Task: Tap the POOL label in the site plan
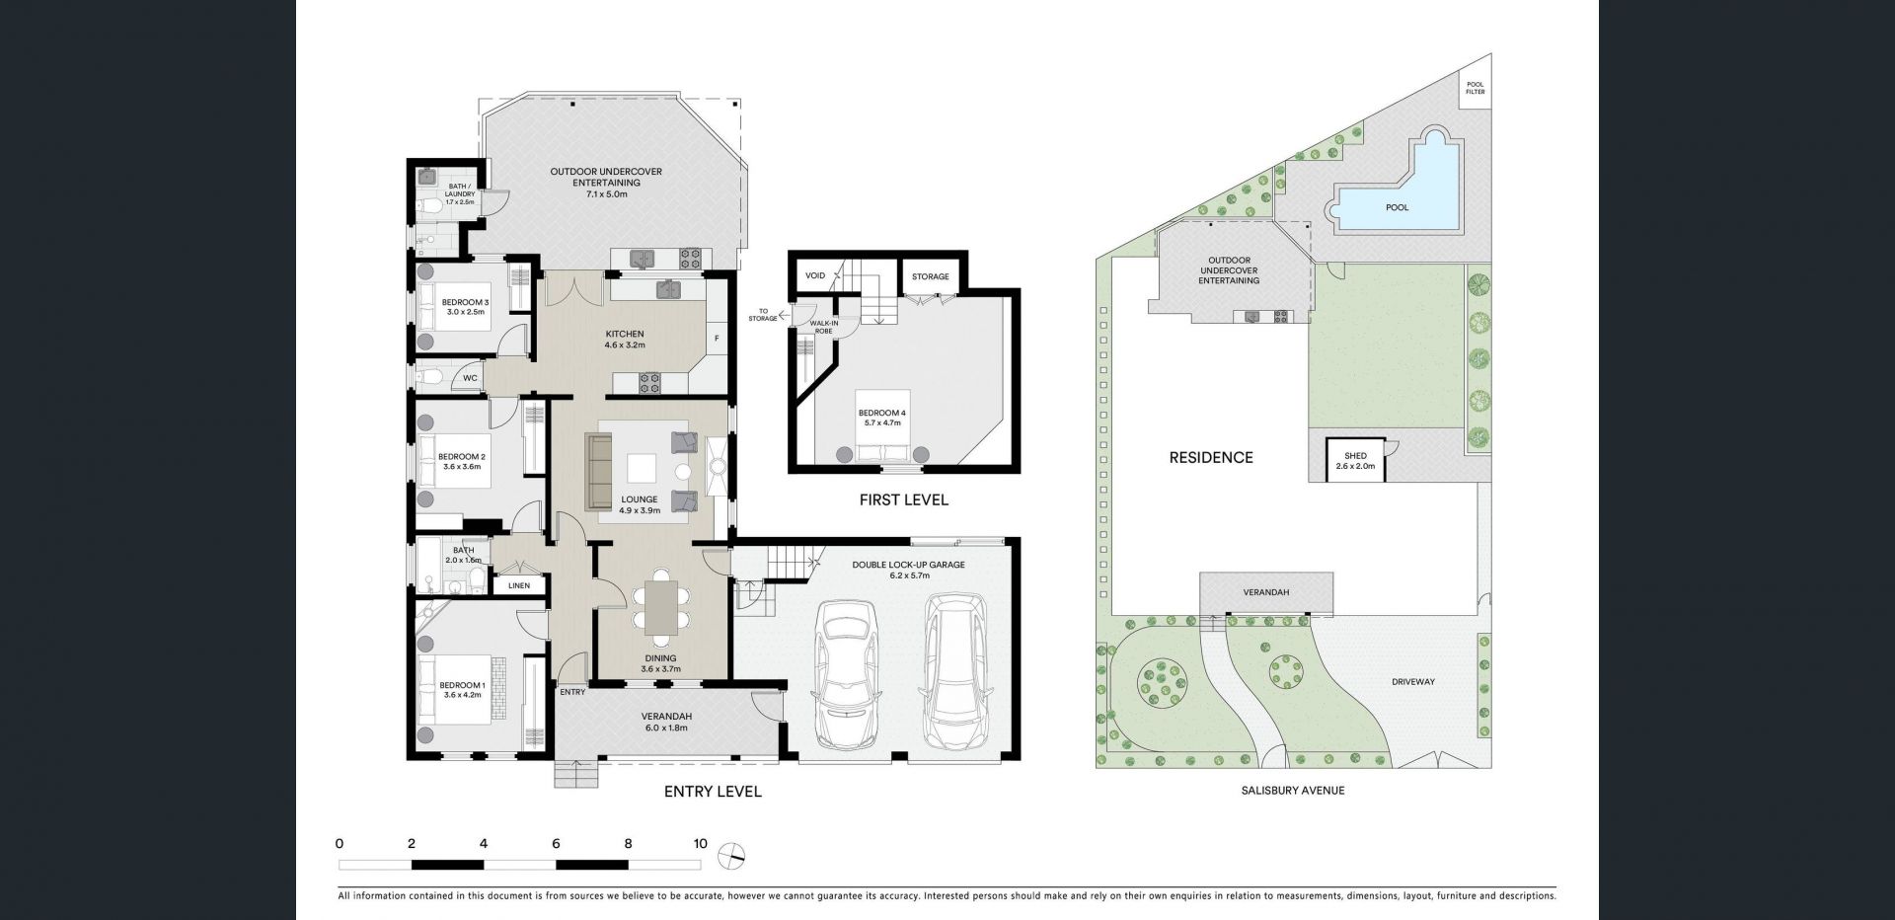pos(1397,208)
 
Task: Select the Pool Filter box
pos(1475,88)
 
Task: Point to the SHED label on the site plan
pos(1354,456)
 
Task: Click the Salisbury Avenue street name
pos(1292,791)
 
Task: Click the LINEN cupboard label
pos(519,585)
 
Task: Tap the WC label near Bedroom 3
pos(470,378)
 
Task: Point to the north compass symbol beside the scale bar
pos(732,855)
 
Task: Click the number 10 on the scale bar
pos(700,844)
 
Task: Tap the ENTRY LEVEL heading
pos(713,792)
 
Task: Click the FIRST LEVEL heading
pos(903,500)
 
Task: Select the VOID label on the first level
pos(815,276)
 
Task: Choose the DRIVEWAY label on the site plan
pos(1412,682)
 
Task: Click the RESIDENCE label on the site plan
pos(1211,457)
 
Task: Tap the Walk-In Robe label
pos(824,326)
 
